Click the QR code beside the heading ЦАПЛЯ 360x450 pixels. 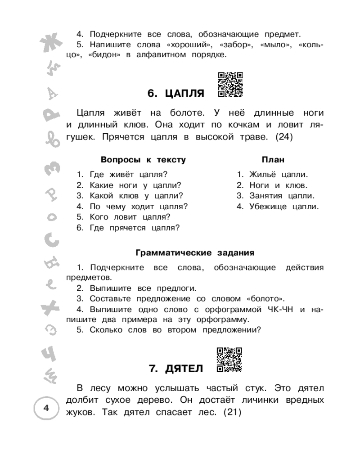pos(230,85)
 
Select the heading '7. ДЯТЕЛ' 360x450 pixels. pos(176,369)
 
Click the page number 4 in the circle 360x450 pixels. pos(46,408)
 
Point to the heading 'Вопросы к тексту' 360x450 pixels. pos(143,160)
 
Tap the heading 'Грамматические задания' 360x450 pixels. pos(195,252)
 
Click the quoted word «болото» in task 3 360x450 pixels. pos(265,298)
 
